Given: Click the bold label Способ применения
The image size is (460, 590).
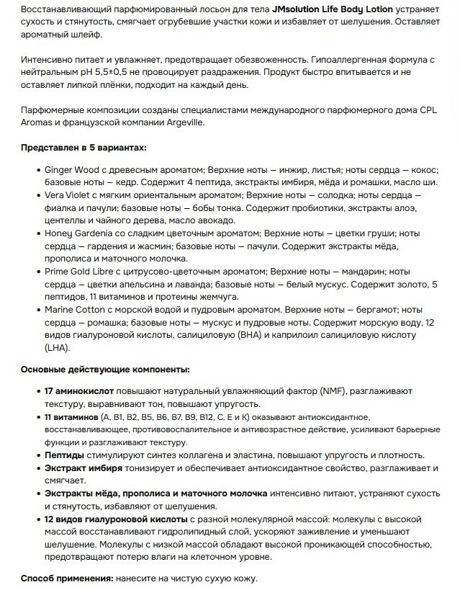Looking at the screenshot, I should pos(65,579).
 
